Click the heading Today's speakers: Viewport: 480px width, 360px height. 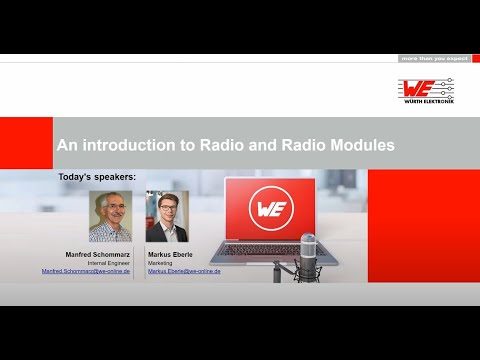pyautogui.click(x=97, y=177)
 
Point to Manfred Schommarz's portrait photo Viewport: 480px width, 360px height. pyautogui.click(x=110, y=216)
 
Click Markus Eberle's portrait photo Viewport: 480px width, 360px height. pyautogui.click(x=167, y=216)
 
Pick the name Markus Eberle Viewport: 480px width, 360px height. pyautogui.click(x=169, y=255)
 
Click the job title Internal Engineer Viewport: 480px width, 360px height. pyautogui.click(x=109, y=263)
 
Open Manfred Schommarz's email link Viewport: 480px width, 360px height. pyautogui.click(x=86, y=271)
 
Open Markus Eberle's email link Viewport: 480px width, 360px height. pyautogui.click(x=184, y=271)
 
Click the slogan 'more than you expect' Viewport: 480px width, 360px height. pyautogui.click(x=434, y=59)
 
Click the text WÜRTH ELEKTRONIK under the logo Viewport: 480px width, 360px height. pyautogui.click(x=431, y=102)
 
